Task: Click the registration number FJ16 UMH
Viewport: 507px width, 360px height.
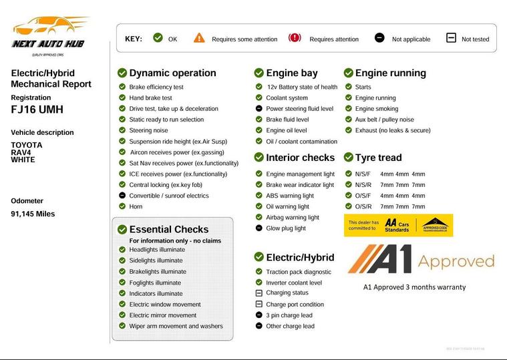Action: pos(37,109)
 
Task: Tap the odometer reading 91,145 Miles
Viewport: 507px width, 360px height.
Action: pos(33,214)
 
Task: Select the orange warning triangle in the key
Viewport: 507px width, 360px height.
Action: pos(199,38)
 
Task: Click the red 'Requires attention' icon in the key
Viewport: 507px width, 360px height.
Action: pos(295,38)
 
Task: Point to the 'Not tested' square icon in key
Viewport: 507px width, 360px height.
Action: pos(451,38)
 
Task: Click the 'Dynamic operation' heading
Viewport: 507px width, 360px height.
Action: pos(172,73)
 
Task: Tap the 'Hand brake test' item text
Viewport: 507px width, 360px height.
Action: pos(150,98)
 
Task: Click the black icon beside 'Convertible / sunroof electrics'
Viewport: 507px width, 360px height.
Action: pos(122,196)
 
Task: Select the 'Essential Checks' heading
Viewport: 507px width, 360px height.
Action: pos(168,229)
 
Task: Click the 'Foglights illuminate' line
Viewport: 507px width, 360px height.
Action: pos(155,283)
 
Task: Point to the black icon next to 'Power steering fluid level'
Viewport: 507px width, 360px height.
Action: pos(259,108)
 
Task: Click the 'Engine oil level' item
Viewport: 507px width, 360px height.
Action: pos(286,130)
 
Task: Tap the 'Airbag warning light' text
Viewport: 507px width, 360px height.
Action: pos(292,217)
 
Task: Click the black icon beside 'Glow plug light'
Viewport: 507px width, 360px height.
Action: pos(259,228)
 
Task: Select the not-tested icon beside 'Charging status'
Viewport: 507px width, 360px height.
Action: pos(259,293)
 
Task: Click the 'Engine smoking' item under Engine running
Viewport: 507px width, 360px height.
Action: pos(376,108)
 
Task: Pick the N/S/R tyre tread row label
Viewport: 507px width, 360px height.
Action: pos(363,185)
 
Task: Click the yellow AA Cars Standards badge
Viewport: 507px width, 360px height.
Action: pos(399,226)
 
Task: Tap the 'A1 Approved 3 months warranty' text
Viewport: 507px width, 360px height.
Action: pos(414,287)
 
